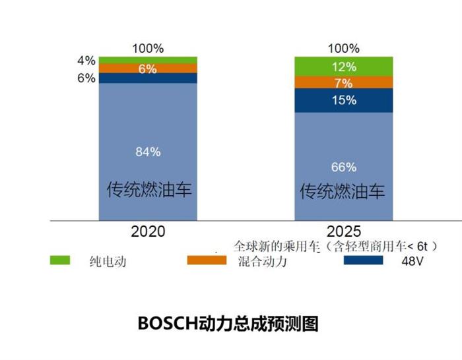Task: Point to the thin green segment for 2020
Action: coord(148,59)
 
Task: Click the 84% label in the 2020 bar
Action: coord(148,152)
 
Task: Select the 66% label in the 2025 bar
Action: coord(344,167)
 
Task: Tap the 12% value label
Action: coord(344,67)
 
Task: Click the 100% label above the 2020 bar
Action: coord(148,48)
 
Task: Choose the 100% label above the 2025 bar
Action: coord(344,48)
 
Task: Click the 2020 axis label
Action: coord(148,231)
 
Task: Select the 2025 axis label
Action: coord(344,231)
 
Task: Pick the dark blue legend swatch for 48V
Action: coord(362,260)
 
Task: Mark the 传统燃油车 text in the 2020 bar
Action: coord(149,190)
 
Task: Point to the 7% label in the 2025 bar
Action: coord(344,83)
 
